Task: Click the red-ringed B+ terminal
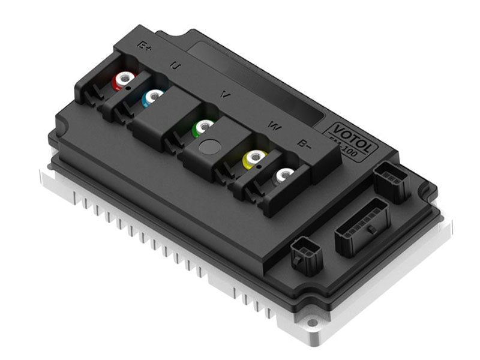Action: [124, 79]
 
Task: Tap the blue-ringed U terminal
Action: [153, 96]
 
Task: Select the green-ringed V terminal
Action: [204, 126]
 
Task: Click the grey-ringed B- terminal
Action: [283, 175]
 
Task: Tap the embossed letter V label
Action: [226, 94]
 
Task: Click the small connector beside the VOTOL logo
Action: [392, 181]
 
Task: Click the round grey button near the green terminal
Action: [209, 146]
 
